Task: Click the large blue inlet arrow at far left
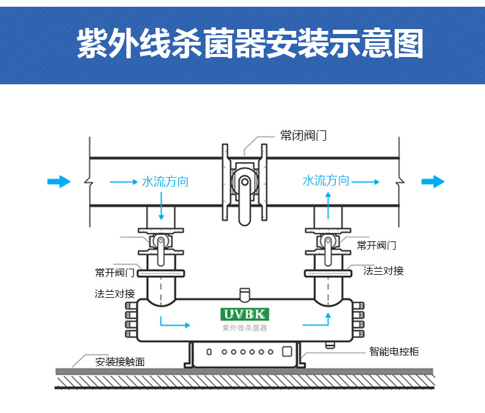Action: click(x=59, y=181)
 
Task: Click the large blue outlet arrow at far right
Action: click(x=433, y=181)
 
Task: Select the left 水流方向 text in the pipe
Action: click(x=165, y=181)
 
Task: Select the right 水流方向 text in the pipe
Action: click(x=326, y=180)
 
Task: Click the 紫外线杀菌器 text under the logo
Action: click(x=244, y=327)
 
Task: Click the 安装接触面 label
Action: click(x=120, y=362)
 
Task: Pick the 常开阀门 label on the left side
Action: click(x=115, y=272)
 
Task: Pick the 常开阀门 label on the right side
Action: click(x=376, y=245)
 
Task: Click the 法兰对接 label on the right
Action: click(x=384, y=270)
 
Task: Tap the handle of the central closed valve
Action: click(x=244, y=200)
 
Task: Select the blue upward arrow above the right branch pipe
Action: click(x=327, y=200)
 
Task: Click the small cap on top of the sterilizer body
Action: click(x=244, y=293)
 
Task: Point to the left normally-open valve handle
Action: click(x=161, y=252)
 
